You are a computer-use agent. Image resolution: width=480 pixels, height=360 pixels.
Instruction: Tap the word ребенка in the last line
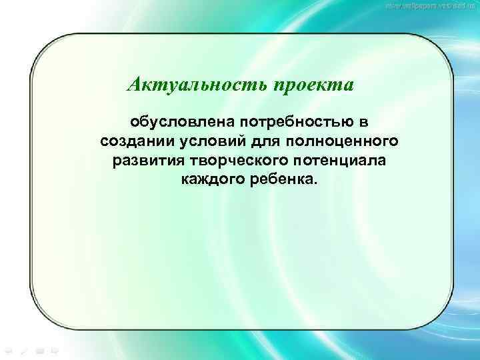point(284,180)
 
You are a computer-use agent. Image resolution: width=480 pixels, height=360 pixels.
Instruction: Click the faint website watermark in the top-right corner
point(431,6)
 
